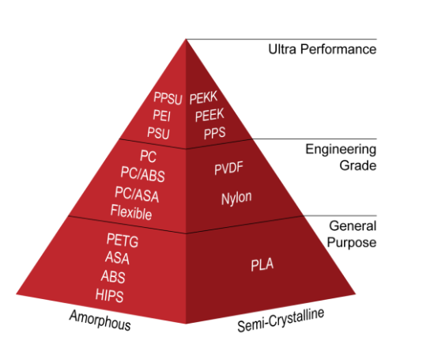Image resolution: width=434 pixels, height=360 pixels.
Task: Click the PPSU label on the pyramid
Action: click(x=168, y=98)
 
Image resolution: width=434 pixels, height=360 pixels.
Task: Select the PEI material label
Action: click(x=161, y=116)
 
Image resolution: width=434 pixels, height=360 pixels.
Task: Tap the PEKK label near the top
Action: click(x=203, y=98)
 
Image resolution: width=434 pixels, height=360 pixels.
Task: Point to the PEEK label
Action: click(x=209, y=115)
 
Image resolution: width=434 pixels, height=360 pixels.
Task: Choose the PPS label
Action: click(x=214, y=133)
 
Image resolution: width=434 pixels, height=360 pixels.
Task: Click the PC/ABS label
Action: click(x=142, y=174)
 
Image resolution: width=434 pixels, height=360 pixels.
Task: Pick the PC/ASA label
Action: click(x=137, y=194)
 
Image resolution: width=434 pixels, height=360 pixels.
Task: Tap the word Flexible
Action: click(x=131, y=212)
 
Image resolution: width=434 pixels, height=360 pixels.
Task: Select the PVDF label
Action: click(x=228, y=168)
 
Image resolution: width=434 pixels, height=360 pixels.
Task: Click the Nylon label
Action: click(x=236, y=199)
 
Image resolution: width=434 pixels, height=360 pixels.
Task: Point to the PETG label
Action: click(x=123, y=240)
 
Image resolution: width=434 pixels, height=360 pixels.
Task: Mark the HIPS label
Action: click(x=109, y=295)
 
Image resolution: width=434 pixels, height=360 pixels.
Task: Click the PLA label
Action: click(x=262, y=264)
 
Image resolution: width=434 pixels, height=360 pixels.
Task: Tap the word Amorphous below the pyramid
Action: click(x=100, y=320)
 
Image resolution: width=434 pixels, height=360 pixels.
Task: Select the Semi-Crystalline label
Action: click(x=281, y=320)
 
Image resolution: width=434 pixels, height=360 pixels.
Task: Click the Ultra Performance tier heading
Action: click(x=323, y=49)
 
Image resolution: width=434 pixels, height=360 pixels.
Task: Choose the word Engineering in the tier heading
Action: click(x=341, y=150)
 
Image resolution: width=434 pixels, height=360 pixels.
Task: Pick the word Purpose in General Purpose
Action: click(x=352, y=243)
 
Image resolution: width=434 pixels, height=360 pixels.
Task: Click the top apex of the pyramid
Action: click(x=186, y=40)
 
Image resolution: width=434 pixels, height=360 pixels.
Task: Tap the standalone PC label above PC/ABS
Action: click(x=148, y=156)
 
